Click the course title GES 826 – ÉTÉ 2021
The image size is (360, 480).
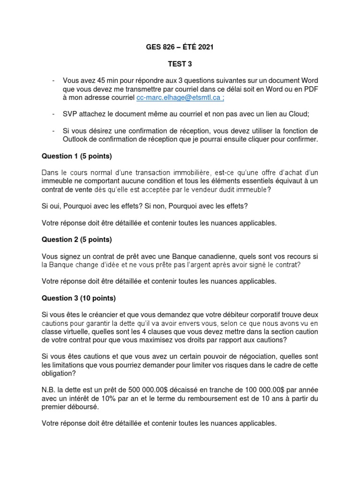point(180,47)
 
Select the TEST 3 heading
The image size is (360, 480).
point(180,63)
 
